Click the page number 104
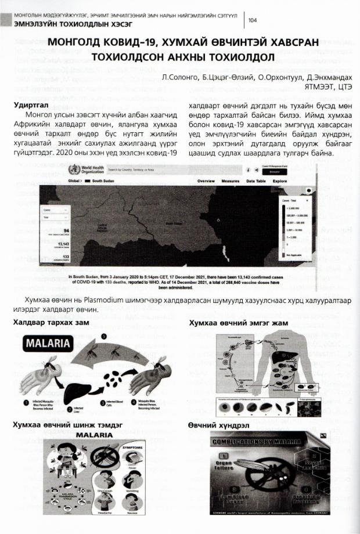coord(253,21)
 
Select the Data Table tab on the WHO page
coord(256,181)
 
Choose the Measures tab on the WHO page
coord(230,181)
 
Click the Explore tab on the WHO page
coord(280,181)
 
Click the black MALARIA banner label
coord(47,344)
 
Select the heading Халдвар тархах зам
coord(51,322)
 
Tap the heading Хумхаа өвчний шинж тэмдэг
coord(67,425)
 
